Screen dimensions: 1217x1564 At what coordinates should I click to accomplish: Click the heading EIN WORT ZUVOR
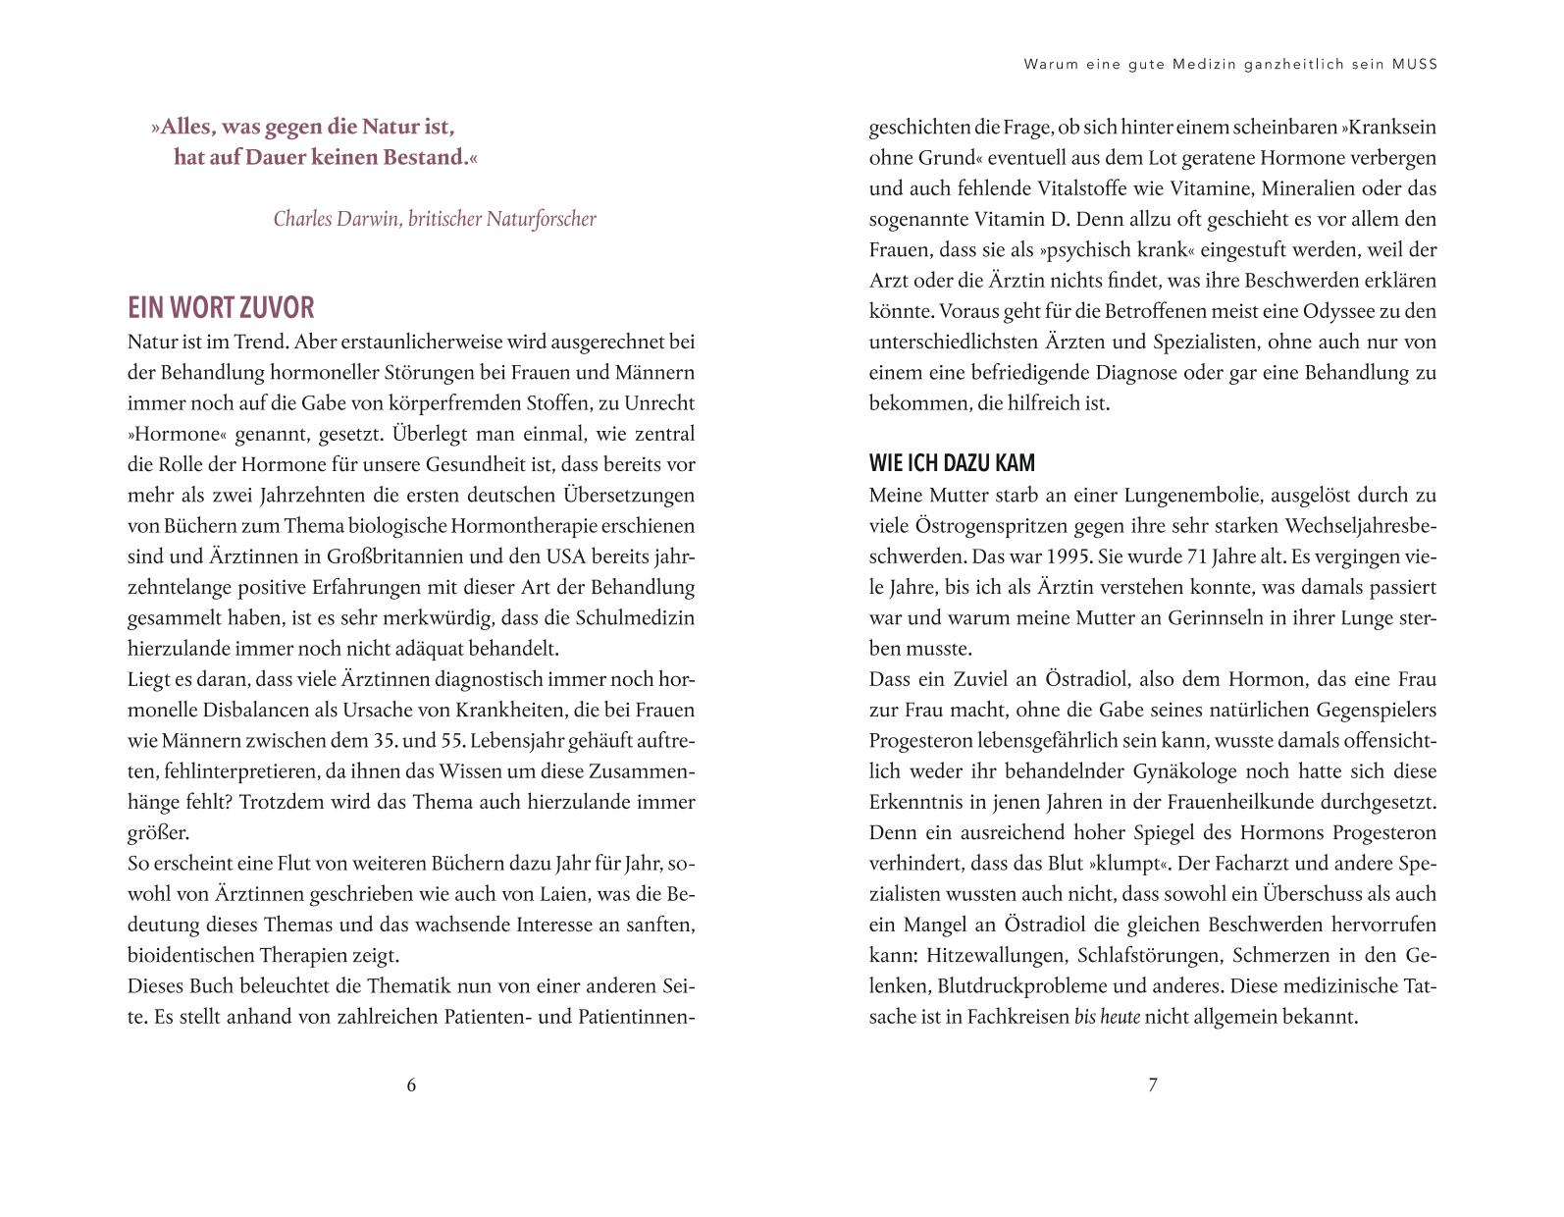pyautogui.click(x=221, y=308)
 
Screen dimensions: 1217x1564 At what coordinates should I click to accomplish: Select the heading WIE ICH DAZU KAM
pyautogui.click(x=952, y=463)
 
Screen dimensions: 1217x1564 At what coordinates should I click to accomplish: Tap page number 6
pyautogui.click(x=411, y=1085)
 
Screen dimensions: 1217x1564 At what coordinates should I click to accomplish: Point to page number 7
pyautogui.click(x=1153, y=1085)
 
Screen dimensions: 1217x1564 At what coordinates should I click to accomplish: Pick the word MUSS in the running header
pyautogui.click(x=1414, y=65)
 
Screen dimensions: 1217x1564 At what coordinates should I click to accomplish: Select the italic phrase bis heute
pyautogui.click(x=1107, y=1017)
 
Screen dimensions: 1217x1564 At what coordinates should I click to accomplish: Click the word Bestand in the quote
pyautogui.click(x=418, y=157)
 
